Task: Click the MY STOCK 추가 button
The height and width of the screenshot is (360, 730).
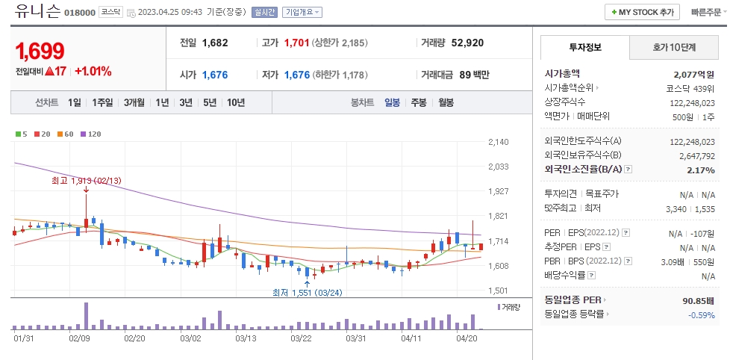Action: [643, 13]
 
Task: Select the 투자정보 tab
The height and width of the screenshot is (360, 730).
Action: [585, 47]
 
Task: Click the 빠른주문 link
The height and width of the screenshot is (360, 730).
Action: [705, 13]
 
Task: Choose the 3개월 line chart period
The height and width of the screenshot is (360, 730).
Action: [135, 102]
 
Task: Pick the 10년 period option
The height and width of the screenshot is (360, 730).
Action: [235, 102]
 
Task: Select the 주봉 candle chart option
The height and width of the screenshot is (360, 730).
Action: [418, 102]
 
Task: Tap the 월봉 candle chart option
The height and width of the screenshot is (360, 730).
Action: [446, 102]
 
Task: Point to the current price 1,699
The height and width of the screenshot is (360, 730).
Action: [40, 52]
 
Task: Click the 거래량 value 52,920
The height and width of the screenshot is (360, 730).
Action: [467, 43]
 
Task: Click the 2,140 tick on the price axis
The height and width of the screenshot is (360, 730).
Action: [498, 142]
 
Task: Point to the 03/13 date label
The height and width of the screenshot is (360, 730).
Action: [246, 338]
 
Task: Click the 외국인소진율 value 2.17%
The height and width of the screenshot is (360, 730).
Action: [701, 170]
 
